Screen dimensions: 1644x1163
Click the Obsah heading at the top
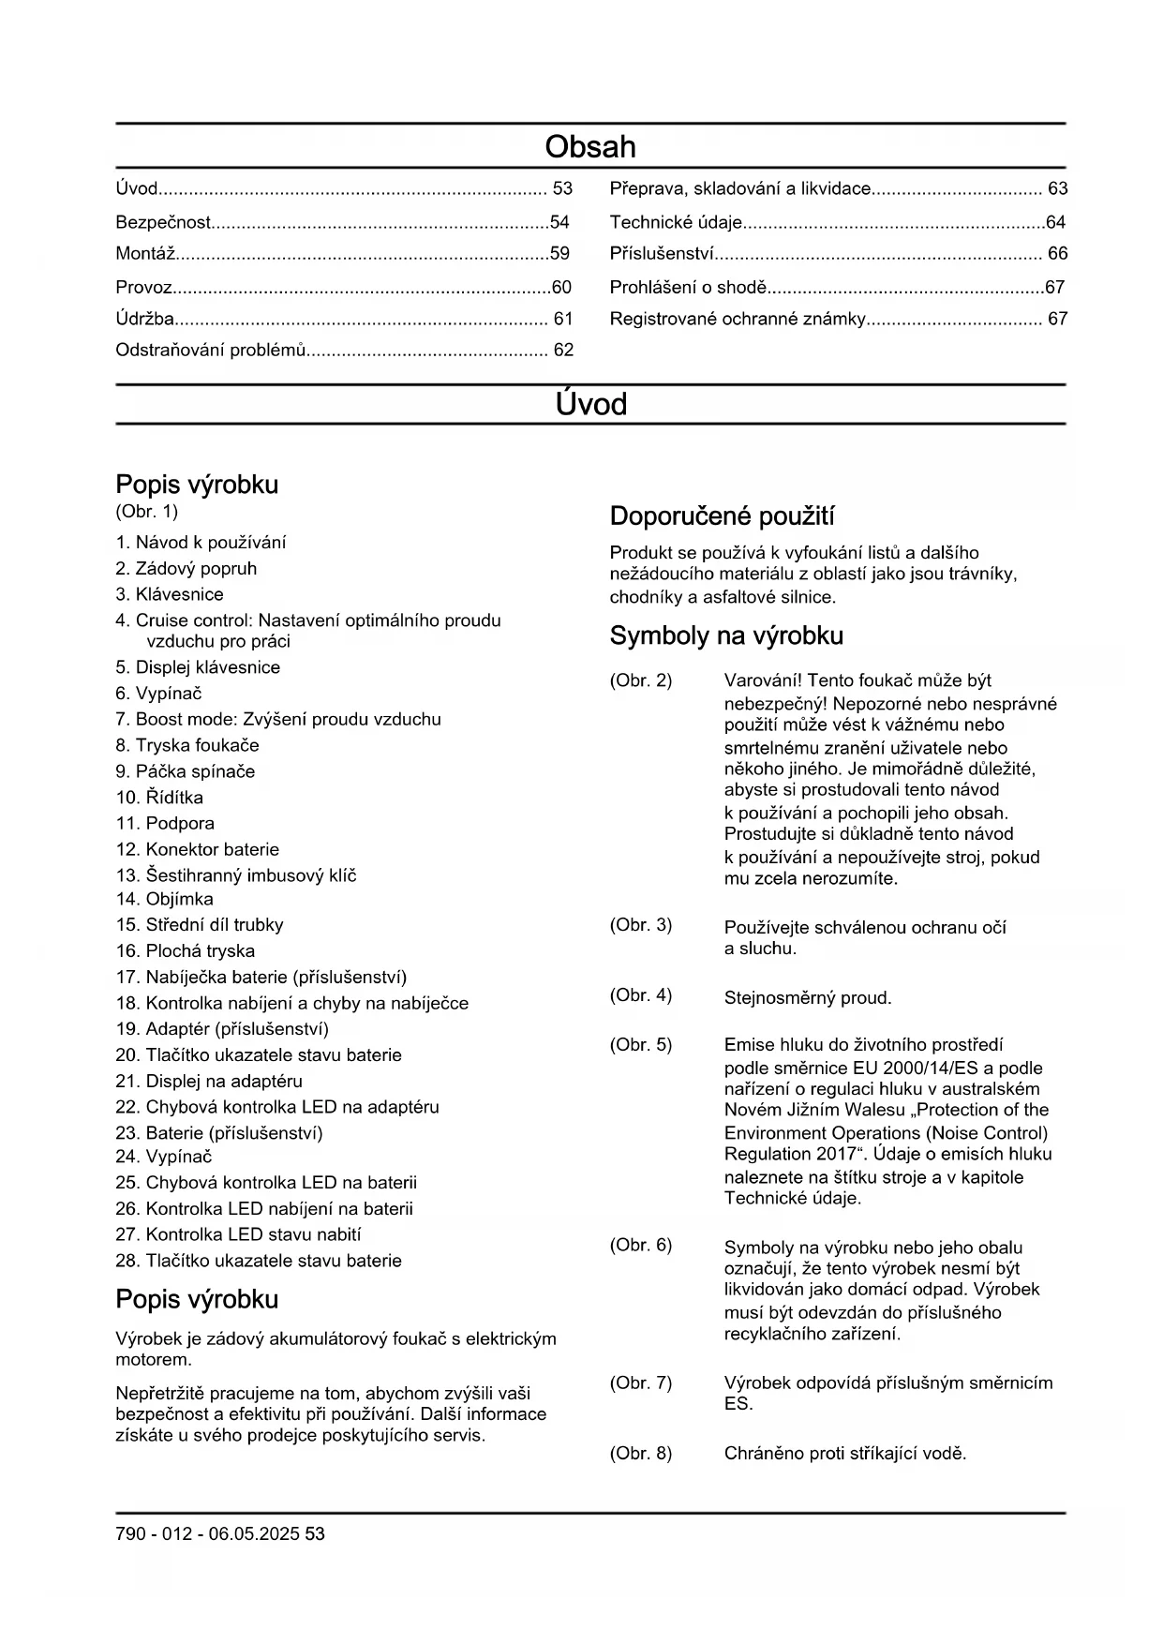pos(590,147)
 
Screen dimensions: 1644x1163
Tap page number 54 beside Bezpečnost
pos(559,223)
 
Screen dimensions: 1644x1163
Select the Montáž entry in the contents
pos(146,254)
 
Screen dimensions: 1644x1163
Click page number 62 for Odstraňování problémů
pos(563,351)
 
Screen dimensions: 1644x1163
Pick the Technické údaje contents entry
pos(676,223)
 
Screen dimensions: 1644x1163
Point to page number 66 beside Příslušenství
pos(1057,254)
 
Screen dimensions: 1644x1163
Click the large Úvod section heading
pos(590,405)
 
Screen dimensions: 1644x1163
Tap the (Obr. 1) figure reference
pos(146,512)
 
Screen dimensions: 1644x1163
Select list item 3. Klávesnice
pos(170,595)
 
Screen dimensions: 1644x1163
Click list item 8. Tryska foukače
pos(187,746)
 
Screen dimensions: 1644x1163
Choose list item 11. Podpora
pos(165,824)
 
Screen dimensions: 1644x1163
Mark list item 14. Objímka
pos(164,900)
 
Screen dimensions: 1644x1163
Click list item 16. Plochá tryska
pos(186,951)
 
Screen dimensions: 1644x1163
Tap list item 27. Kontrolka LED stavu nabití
pos(238,1235)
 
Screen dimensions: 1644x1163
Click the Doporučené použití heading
pos(722,516)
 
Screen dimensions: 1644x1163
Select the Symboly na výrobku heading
pos(726,636)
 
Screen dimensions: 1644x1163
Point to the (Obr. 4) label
pos(641,995)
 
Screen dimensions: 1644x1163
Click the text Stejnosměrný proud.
pos(808,998)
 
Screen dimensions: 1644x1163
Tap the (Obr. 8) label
pos(641,1454)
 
